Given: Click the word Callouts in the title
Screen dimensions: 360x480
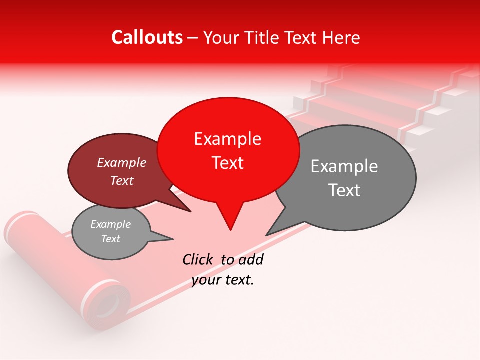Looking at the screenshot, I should (147, 37).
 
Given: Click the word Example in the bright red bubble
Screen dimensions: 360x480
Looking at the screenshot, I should (227, 139).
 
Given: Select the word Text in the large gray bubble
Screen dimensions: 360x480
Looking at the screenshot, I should (344, 190).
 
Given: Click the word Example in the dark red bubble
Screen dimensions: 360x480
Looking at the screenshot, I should (122, 163).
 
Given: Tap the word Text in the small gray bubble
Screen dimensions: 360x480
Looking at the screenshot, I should (111, 239).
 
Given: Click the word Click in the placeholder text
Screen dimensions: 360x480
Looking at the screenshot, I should (198, 259).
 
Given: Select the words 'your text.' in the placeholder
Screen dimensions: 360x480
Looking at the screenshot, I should (223, 280).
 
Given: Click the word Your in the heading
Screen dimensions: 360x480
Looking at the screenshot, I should (220, 38).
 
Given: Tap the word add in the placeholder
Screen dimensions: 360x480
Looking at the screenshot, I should (250, 259).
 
